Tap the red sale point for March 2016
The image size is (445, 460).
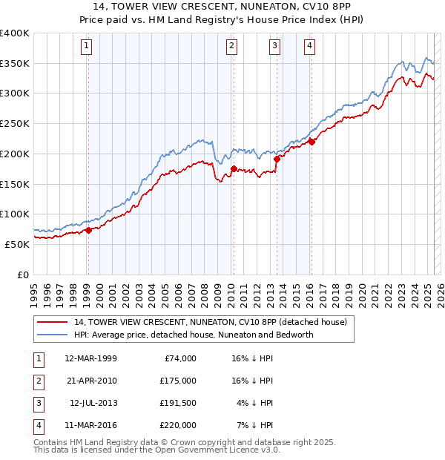point(312,142)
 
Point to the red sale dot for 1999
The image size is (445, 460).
point(88,230)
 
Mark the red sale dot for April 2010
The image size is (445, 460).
point(234,169)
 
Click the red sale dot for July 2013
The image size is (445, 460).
point(277,159)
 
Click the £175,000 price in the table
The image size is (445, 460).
point(177,381)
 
